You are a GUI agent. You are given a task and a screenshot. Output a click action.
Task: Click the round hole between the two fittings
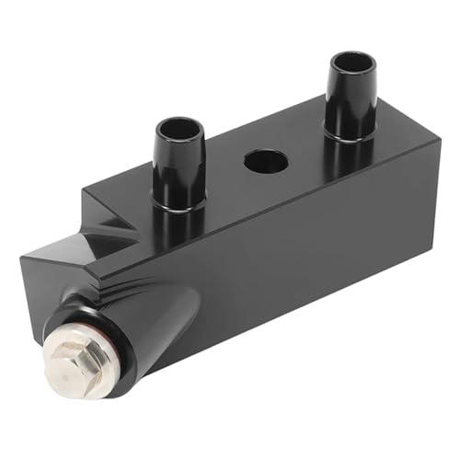point(266,161)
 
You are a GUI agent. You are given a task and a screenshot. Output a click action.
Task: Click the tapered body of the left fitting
point(177,166)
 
